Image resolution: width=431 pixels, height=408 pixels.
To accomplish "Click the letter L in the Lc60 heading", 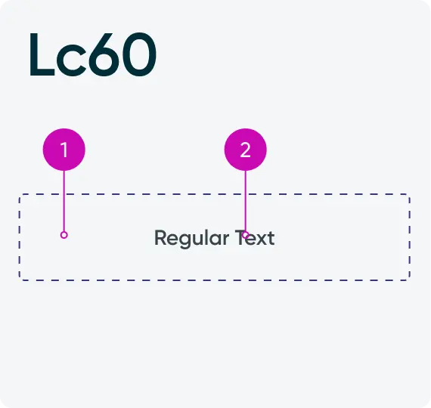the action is pyautogui.click(x=42, y=54).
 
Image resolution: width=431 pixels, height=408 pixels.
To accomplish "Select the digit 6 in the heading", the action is pyautogui.click(x=104, y=54).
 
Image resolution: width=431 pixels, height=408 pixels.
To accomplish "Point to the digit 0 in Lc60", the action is pyautogui.click(x=139, y=54).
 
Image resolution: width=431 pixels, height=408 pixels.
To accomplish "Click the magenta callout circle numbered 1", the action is pyautogui.click(x=64, y=150).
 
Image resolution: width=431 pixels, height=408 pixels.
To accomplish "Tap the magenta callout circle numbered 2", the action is pyautogui.click(x=246, y=150).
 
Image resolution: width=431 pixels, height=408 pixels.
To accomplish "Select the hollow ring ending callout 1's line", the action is pyautogui.click(x=64, y=235).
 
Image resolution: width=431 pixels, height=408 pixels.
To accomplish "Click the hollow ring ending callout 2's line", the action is pyautogui.click(x=246, y=235).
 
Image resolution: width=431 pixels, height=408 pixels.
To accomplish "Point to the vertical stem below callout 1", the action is pyautogui.click(x=64, y=201).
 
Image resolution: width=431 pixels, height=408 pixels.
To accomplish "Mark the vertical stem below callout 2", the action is pyautogui.click(x=246, y=201).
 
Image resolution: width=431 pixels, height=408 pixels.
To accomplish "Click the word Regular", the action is pyautogui.click(x=191, y=239).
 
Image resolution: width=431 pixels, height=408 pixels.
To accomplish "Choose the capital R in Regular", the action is pyautogui.click(x=160, y=238).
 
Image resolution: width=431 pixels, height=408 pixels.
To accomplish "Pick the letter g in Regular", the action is pyautogui.click(x=182, y=240).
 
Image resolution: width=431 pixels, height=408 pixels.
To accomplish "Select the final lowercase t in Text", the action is pyautogui.click(x=271, y=238).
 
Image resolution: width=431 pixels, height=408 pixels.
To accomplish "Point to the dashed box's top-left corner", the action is pyautogui.click(x=19, y=194).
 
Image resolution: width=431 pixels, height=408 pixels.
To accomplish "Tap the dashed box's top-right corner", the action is pyautogui.click(x=410, y=194).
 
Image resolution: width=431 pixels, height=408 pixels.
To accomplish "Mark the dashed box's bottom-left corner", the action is pyautogui.click(x=19, y=280).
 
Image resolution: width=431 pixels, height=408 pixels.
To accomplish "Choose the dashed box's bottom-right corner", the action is pyautogui.click(x=410, y=280).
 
